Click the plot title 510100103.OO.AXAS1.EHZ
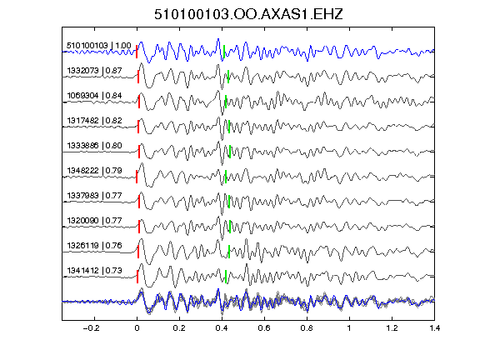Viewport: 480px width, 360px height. pos(248,14)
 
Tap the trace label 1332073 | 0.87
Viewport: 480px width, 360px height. pos(95,71)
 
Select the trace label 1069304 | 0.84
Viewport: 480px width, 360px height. pos(95,96)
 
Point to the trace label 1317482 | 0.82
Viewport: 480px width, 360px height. pos(95,121)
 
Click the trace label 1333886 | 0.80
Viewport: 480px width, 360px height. pos(95,146)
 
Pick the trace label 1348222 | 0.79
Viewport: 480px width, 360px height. pos(95,171)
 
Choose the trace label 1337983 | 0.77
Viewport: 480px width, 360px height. pos(95,196)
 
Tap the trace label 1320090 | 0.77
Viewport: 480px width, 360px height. pos(95,221)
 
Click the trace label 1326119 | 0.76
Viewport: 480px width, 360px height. pos(95,246)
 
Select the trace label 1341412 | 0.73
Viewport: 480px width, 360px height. pos(95,271)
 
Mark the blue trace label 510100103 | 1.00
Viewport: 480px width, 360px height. pos(99,46)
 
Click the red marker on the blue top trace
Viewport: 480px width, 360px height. pos(137,52)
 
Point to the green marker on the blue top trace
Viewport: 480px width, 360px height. pos(224,52)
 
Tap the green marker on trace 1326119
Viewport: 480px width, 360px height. pos(229,252)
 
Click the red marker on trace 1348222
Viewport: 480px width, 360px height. pos(137,177)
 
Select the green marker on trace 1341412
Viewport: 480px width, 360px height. pos(226,277)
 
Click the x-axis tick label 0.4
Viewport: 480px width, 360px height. pos(222,328)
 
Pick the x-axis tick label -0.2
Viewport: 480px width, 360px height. pos(92,328)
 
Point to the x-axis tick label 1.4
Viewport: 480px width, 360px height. pos(434,328)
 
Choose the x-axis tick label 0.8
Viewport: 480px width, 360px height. pos(307,328)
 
